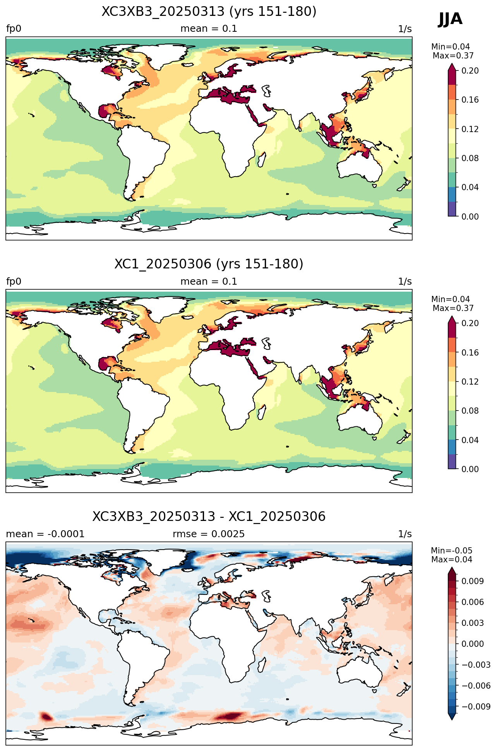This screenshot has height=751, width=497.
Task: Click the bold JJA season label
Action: (x=450, y=19)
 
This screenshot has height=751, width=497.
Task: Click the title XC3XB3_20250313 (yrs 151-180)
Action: (x=209, y=12)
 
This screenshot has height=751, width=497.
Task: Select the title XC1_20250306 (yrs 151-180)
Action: (x=209, y=264)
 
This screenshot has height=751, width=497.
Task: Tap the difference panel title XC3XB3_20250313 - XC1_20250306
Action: (x=209, y=517)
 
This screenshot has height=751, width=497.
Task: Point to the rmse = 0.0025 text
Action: (x=209, y=534)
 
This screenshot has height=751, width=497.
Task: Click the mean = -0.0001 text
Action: (x=45, y=534)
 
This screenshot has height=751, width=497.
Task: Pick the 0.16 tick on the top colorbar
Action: (x=470, y=100)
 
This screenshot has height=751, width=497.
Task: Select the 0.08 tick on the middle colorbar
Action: (x=470, y=411)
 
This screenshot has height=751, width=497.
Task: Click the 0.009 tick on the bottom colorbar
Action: (x=473, y=581)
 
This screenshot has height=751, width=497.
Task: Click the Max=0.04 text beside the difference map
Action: (x=452, y=560)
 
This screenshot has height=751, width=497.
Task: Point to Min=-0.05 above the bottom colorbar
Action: (x=452, y=551)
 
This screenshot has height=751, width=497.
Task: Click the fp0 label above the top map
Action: (x=14, y=29)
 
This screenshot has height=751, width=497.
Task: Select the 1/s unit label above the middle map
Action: (x=405, y=282)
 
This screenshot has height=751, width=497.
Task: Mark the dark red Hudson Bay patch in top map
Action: (x=111, y=70)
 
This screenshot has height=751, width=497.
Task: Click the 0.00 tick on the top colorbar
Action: (x=470, y=217)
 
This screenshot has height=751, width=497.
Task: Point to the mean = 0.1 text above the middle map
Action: (x=209, y=282)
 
